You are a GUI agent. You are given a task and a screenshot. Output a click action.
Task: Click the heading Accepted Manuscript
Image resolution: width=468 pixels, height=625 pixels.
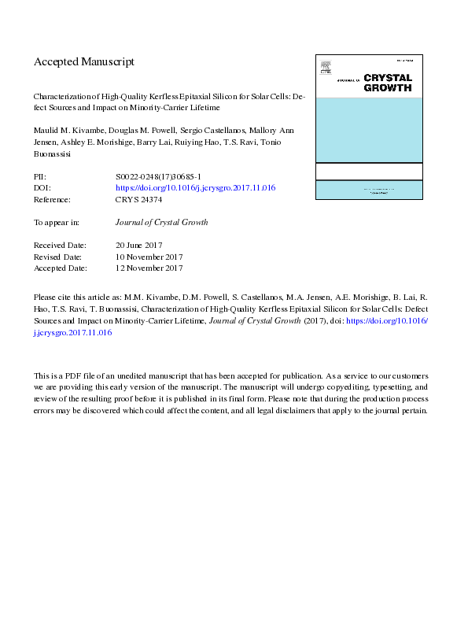coord(84,61)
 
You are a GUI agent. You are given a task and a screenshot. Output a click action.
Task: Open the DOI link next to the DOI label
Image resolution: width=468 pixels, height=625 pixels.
coord(195,190)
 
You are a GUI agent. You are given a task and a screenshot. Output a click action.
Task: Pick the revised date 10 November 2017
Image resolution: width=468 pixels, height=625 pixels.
coord(149,257)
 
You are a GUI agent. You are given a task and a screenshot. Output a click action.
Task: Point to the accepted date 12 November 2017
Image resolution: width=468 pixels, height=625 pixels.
coord(149,268)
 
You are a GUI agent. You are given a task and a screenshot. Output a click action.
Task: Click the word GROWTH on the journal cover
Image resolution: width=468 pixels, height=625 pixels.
coord(388,88)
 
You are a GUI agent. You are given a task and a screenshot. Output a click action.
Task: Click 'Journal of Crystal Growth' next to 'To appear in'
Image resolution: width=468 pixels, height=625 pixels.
coord(162,223)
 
